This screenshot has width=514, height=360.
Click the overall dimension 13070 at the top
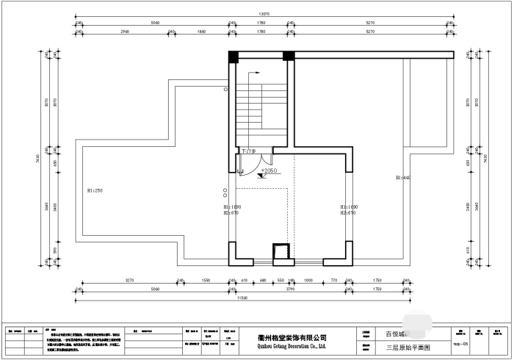tap(262, 14)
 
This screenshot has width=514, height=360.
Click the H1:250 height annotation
tap(94, 191)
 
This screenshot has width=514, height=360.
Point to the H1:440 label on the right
tap(402, 178)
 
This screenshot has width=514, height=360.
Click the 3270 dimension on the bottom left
tap(129, 281)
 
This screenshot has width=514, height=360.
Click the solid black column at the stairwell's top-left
tap(234, 57)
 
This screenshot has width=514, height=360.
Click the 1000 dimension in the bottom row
tap(308, 281)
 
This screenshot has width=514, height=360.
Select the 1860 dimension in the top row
tap(202, 32)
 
